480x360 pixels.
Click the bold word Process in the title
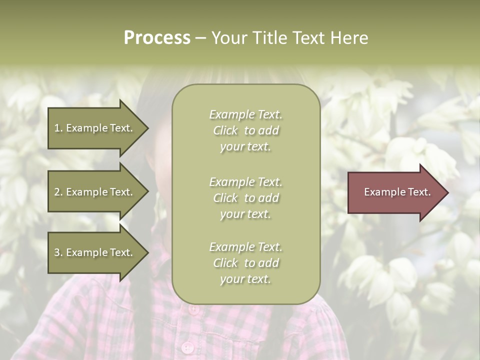coord(157,38)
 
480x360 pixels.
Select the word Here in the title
coord(348,38)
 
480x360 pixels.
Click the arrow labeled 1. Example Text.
coord(95,128)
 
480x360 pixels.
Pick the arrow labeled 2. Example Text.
coord(95,192)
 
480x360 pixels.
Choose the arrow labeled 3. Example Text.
coord(95,252)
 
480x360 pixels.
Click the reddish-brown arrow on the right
coord(395,192)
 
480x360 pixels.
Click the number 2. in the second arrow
coord(58,192)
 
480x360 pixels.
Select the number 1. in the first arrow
coord(58,128)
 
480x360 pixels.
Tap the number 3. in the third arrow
coord(58,252)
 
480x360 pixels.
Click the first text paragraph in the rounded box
coord(245,130)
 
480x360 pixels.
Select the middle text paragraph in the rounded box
coord(245,198)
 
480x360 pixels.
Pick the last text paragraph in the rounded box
coord(245,263)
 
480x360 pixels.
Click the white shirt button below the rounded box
coord(187,347)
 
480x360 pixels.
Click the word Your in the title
coord(229,38)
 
